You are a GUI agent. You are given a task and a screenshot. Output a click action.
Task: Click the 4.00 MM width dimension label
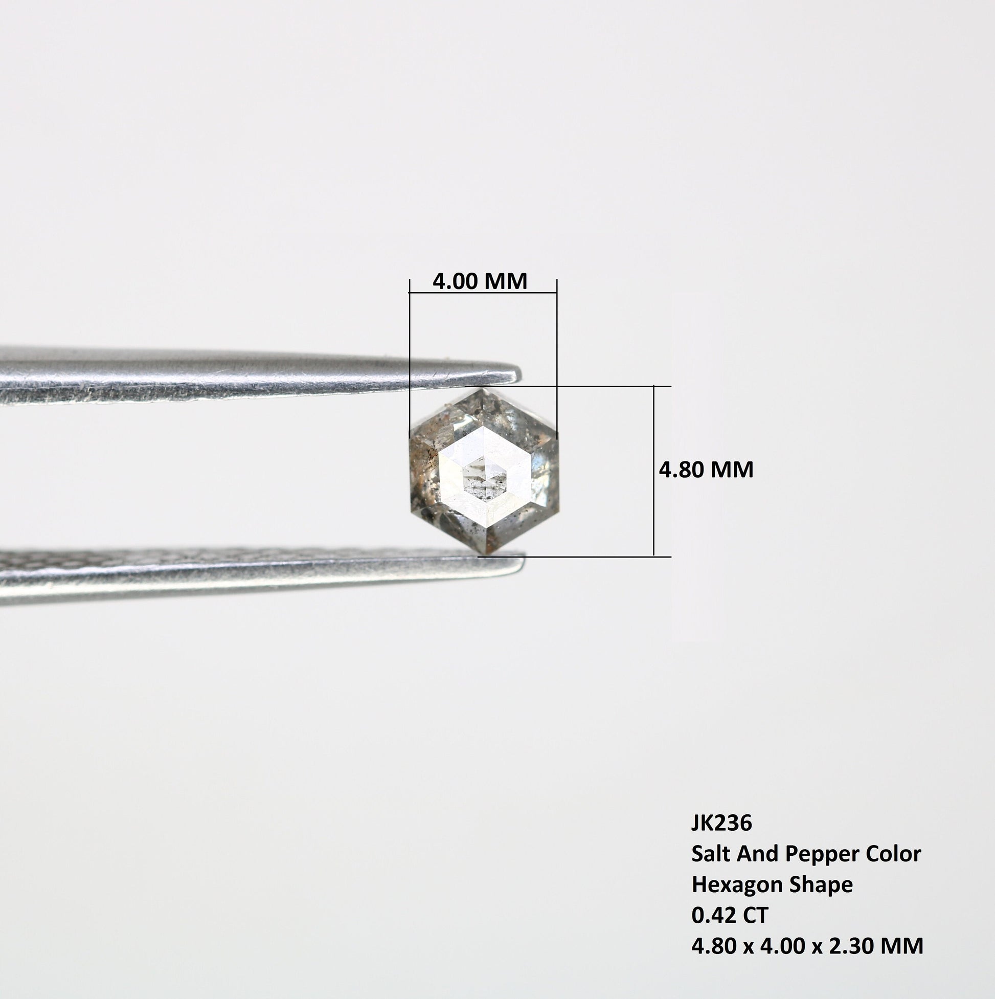click(x=480, y=281)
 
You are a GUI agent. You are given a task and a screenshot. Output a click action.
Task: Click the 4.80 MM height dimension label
click(x=706, y=470)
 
